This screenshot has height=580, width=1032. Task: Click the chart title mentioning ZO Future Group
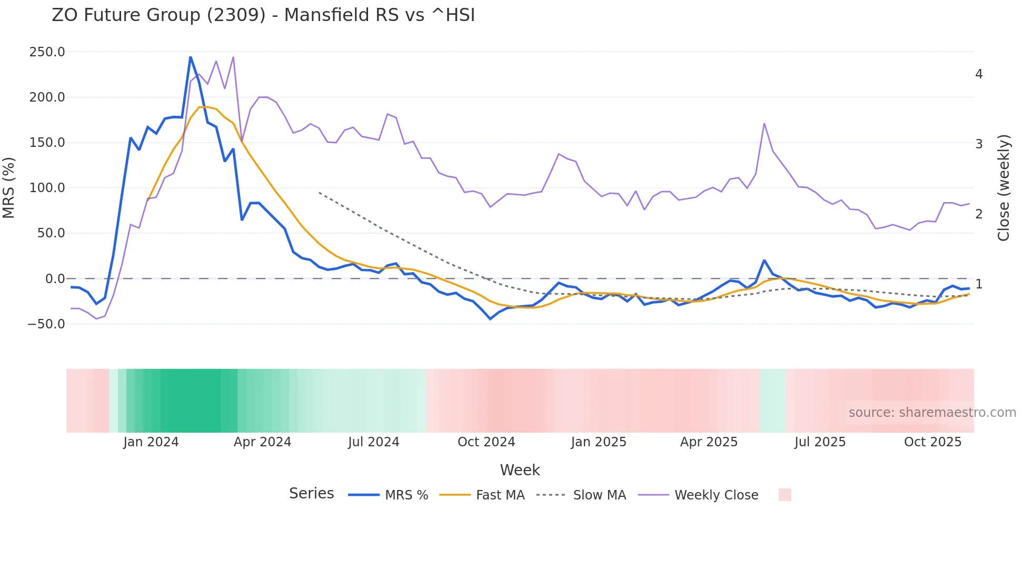pyautogui.click(x=263, y=15)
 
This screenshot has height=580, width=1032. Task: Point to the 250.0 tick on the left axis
pyautogui.click(x=47, y=52)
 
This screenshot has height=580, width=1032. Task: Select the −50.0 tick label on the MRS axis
pyautogui.click(x=46, y=324)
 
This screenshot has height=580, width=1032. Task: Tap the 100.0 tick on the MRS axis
pyautogui.click(x=47, y=188)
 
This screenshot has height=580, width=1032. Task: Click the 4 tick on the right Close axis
pyautogui.click(x=979, y=74)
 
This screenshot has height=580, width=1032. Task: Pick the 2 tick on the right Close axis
pyautogui.click(x=979, y=214)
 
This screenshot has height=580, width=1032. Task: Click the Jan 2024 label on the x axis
pyautogui.click(x=151, y=442)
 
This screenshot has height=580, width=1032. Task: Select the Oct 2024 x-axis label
pyautogui.click(x=486, y=442)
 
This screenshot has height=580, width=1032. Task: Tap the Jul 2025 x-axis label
pyautogui.click(x=820, y=442)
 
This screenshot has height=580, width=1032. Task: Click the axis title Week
pyautogui.click(x=520, y=470)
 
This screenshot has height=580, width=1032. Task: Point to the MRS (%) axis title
pyautogui.click(x=9, y=188)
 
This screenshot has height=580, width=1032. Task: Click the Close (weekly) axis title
pyautogui.click(x=1004, y=188)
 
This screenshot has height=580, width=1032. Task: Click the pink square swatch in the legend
pyautogui.click(x=785, y=495)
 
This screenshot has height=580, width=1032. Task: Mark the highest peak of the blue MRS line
pyautogui.click(x=191, y=57)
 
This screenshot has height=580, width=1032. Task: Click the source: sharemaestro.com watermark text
pyautogui.click(x=932, y=413)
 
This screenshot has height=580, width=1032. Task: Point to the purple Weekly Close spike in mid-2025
pyautogui.click(x=764, y=124)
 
